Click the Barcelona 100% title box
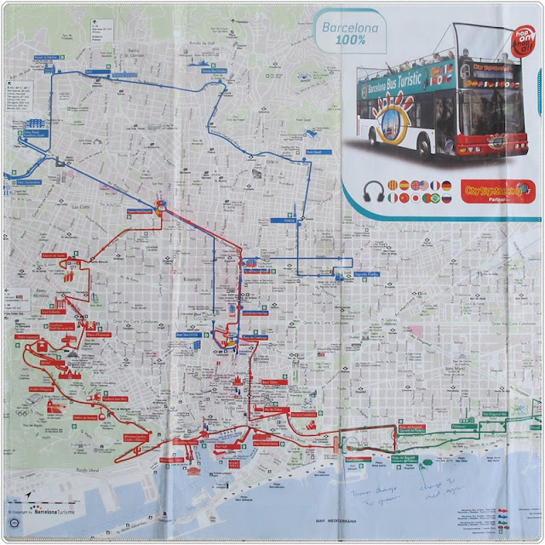(x=349, y=33)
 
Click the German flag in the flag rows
(x=446, y=185)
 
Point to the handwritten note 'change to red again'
(x=437, y=488)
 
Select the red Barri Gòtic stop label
(x=268, y=382)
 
